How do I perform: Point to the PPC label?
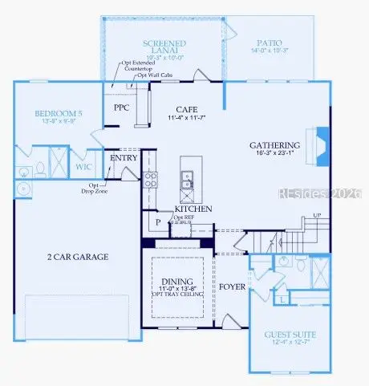(x=122, y=107)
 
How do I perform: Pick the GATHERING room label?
(x=276, y=146)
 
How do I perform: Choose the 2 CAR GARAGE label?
(x=77, y=257)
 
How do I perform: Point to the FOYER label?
(x=233, y=285)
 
